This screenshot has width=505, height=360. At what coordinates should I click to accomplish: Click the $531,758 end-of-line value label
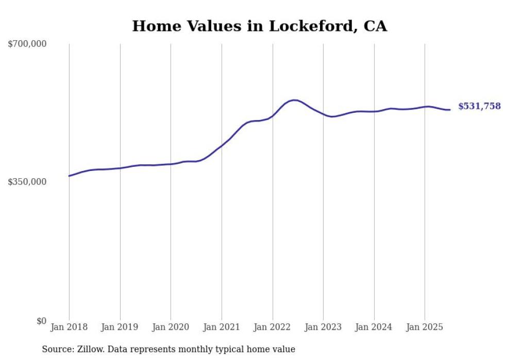click(x=479, y=106)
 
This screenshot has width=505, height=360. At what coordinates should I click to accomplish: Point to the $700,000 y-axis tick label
click(x=27, y=44)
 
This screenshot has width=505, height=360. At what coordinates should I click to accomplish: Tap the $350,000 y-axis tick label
click(x=27, y=182)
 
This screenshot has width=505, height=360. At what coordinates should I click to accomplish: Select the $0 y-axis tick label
click(x=41, y=321)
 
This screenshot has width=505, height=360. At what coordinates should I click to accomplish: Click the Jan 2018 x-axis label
click(x=69, y=327)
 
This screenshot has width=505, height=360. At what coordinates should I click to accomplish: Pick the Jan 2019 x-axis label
click(x=120, y=327)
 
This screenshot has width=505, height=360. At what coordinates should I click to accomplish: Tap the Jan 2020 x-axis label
click(x=171, y=327)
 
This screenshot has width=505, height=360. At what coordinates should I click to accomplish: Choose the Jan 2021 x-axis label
click(x=222, y=327)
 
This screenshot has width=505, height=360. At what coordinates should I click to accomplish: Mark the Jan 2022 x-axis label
click(x=272, y=327)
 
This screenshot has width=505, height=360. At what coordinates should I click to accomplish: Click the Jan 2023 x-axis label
click(x=323, y=327)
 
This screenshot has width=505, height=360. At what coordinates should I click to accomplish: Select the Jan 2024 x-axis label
click(x=374, y=327)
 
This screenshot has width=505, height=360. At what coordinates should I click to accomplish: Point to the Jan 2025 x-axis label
click(x=425, y=327)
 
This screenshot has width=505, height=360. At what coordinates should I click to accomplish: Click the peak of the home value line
click(x=294, y=100)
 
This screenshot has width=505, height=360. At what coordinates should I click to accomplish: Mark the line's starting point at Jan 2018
click(x=69, y=176)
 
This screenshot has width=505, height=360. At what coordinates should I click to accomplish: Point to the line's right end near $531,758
click(x=450, y=110)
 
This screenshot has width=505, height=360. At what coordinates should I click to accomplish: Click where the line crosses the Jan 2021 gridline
click(x=222, y=146)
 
